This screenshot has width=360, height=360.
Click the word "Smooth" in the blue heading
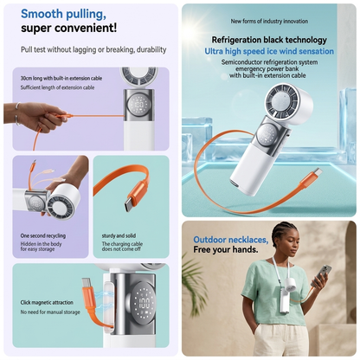click(x=42, y=14)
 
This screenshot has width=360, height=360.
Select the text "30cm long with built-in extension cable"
click(x=61, y=79)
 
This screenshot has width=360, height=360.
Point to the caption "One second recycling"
click(x=43, y=235)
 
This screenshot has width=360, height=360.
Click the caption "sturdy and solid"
click(x=119, y=235)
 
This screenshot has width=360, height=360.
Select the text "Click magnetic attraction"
click(x=47, y=303)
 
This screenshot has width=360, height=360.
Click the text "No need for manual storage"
click(x=50, y=312)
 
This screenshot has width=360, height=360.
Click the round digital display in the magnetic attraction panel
click(x=143, y=303)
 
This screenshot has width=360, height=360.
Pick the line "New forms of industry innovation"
click(x=269, y=21)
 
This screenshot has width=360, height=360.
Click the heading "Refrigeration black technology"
click(x=269, y=40)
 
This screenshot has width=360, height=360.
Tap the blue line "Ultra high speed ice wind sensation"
click(x=269, y=51)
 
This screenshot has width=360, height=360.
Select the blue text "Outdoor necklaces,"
click(x=231, y=240)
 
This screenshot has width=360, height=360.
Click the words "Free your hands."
click(x=226, y=249)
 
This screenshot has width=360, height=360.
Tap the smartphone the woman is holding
click(x=321, y=276)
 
